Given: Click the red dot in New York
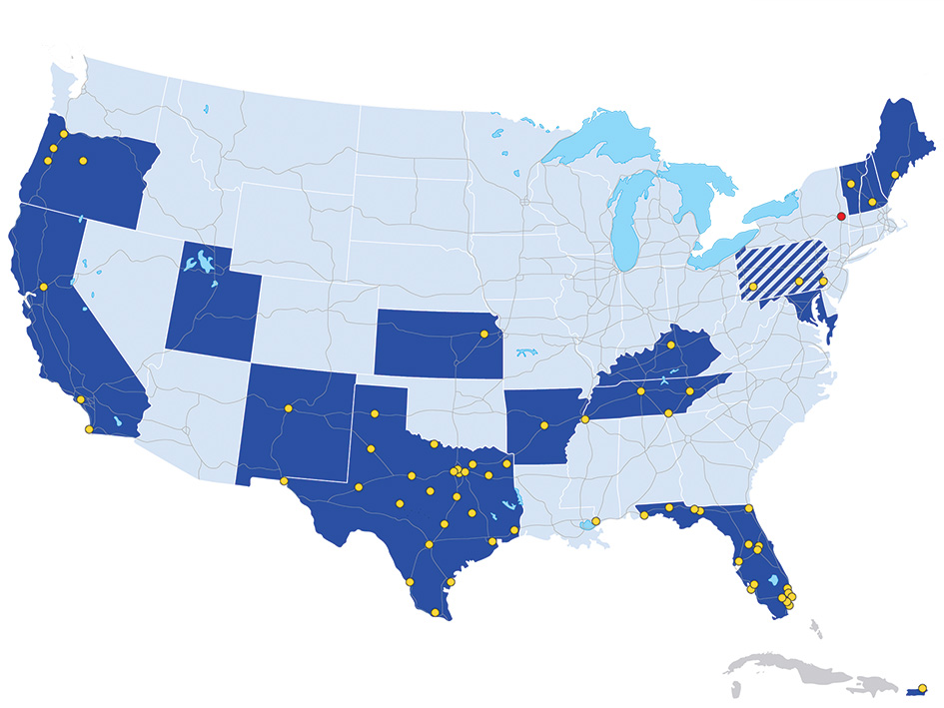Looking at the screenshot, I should coord(841,216).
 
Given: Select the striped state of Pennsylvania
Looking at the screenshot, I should coord(779,268).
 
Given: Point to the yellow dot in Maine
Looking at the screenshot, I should coord(895,175).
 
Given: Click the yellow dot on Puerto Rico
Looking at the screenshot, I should coord(922,687).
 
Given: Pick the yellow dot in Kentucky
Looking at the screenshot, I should coord(671,346).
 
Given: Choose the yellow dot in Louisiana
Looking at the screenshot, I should coord(596,521).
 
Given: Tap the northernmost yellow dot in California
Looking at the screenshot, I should coord(43,287).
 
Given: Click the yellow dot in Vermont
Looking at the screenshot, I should coord(850,184).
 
